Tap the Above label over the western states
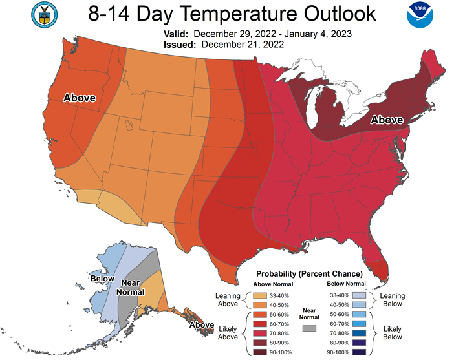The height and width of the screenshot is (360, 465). [x=80, y=98]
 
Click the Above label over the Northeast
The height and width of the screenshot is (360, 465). [x=386, y=120]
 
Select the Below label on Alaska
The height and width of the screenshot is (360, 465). [x=103, y=279]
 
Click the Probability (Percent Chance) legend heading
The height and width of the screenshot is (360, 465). [x=309, y=273]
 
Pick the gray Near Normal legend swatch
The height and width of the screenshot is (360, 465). [x=310, y=329]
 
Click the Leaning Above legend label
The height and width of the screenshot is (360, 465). [x=228, y=299]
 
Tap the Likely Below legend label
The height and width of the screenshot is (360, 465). [x=393, y=333]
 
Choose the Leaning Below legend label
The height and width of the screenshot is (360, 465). [x=393, y=299]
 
